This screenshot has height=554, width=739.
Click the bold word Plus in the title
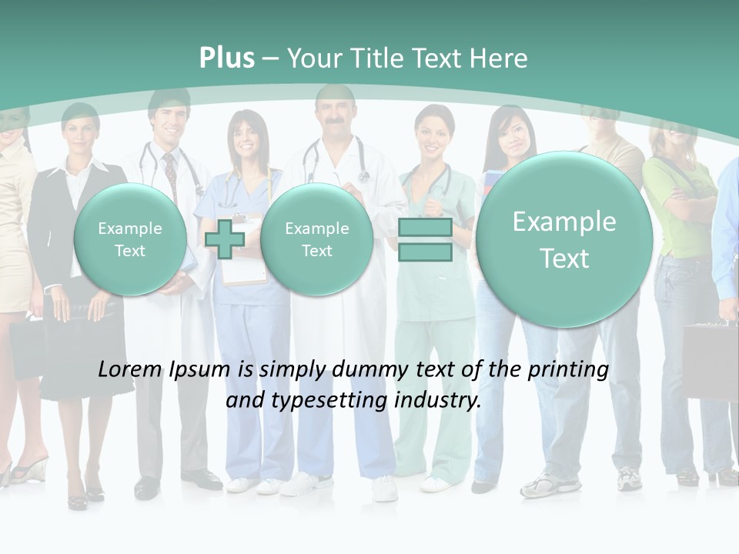tap(226, 58)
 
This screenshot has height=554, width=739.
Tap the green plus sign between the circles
tap(225, 239)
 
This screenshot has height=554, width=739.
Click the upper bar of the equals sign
tap(425, 228)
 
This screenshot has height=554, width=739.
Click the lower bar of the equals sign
tap(425, 252)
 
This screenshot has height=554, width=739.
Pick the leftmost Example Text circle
tap(130, 239)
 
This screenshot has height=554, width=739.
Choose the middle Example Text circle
tap(316, 239)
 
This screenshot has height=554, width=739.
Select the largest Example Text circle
tap(564, 239)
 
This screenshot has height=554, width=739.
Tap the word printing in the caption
tap(568, 369)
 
